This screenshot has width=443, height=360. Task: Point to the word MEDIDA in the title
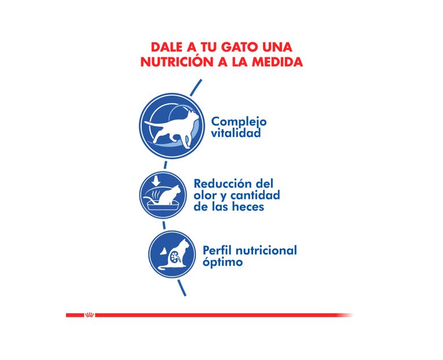277,62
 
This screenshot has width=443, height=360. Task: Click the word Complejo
239,122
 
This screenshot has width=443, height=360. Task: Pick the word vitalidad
236,133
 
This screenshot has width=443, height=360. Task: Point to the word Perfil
218,250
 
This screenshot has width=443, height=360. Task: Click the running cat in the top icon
167,125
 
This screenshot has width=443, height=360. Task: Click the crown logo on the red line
89,315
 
